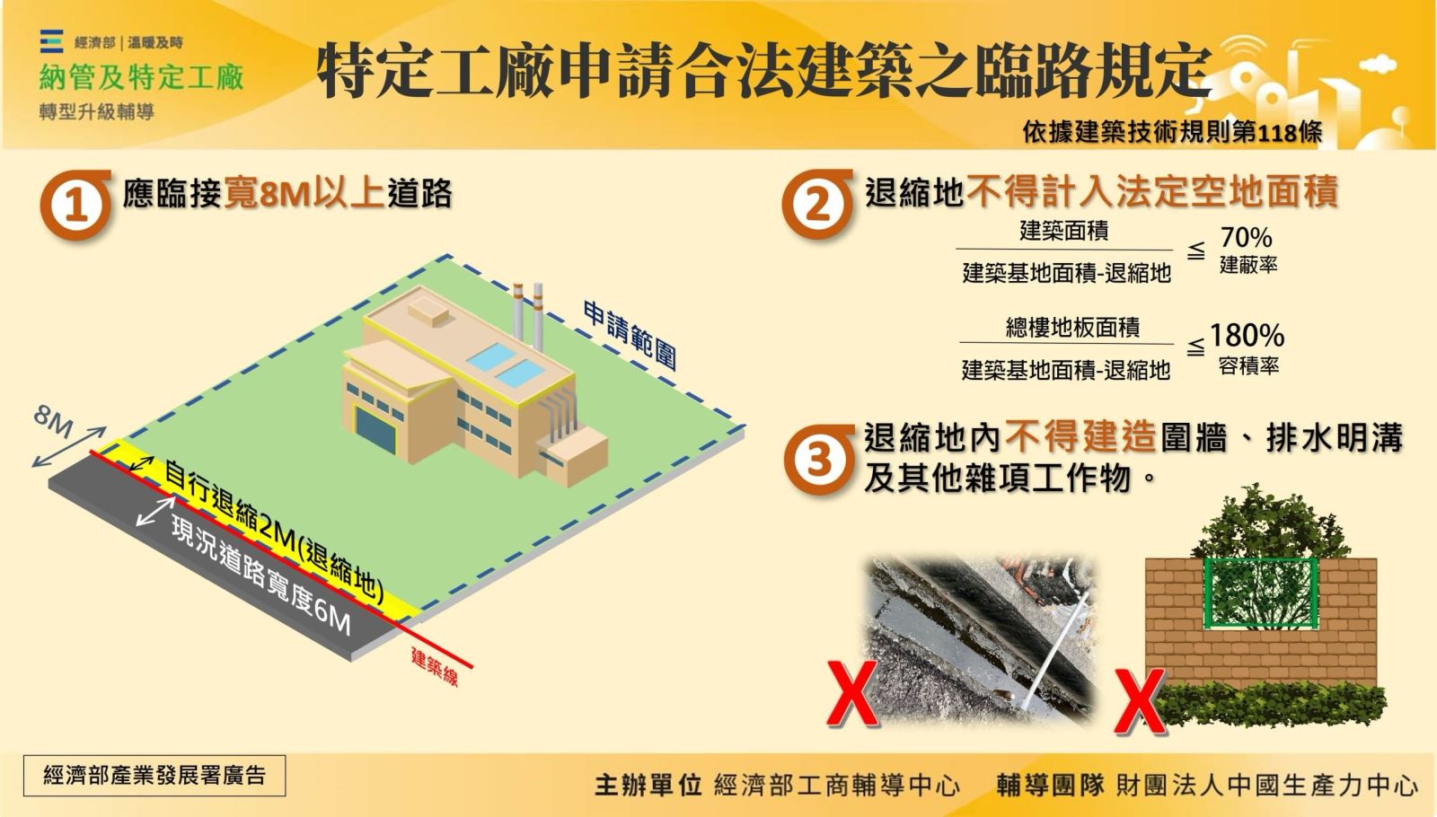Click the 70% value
pyautogui.click(x=1246, y=238)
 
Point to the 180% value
pyautogui.click(x=1247, y=336)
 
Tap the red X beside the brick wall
pyautogui.click(x=1139, y=700)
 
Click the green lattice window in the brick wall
pyautogui.click(x=1260, y=593)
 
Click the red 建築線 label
pyautogui.click(x=435, y=666)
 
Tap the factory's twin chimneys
pyautogui.click(x=528, y=314)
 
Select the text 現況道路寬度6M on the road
pyautogui.click(x=260, y=575)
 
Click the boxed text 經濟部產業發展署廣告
pyautogui.click(x=154, y=775)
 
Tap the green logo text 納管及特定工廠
pyautogui.click(x=141, y=78)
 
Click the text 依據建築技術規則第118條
pyautogui.click(x=1172, y=132)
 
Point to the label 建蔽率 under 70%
pyautogui.click(x=1247, y=266)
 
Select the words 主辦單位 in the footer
pyautogui.click(x=648, y=785)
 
